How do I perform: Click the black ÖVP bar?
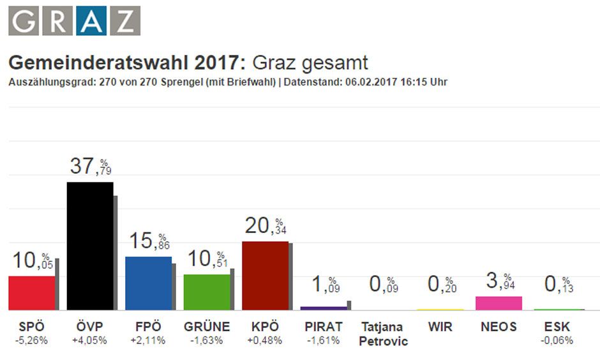click(x=90, y=246)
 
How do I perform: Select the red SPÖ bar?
click(x=31, y=293)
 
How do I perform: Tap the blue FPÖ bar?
click(x=148, y=283)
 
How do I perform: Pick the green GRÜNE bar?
click(x=206, y=292)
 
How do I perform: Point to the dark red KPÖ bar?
click(x=265, y=276)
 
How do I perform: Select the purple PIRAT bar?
click(x=324, y=308)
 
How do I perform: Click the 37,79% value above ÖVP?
click(x=90, y=167)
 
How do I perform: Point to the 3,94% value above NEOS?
click(x=499, y=281)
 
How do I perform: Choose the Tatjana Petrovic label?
click(x=382, y=333)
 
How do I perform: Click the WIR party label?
click(x=440, y=327)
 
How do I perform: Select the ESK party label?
click(x=558, y=327)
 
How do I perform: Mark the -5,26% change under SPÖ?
click(x=31, y=340)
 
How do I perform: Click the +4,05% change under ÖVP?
click(x=90, y=340)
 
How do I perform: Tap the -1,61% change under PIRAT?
click(x=324, y=340)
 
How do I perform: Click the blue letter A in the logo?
click(x=91, y=21)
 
